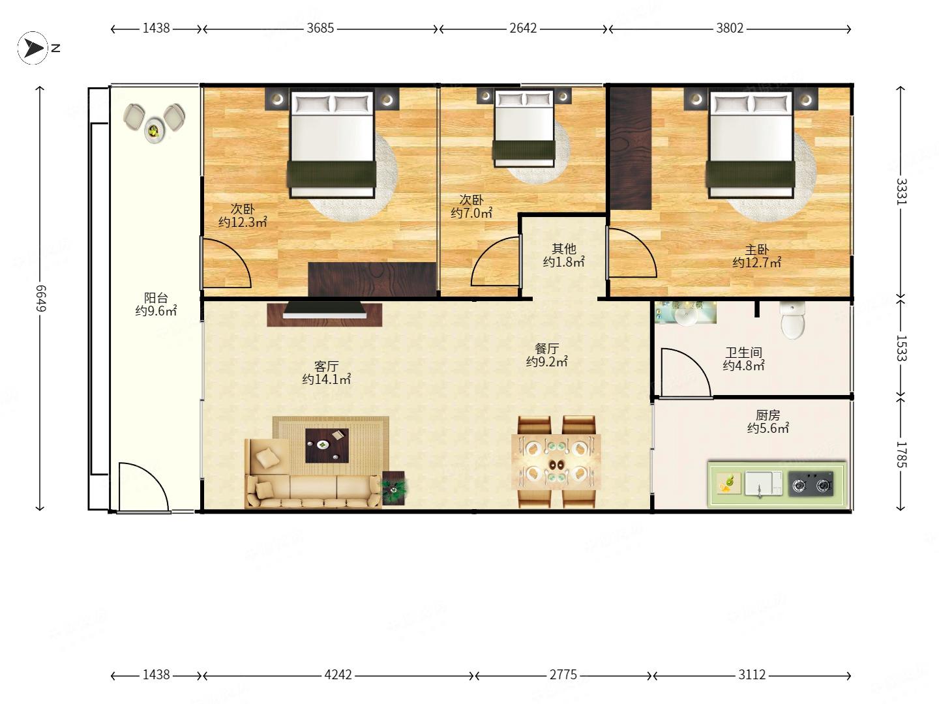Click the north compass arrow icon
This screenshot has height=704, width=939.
pyautogui.click(x=33, y=48)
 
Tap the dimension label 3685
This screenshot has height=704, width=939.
pyautogui.click(x=320, y=28)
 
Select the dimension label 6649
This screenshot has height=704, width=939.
pyautogui.click(x=40, y=299)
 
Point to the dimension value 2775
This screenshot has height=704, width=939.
pyautogui.click(x=563, y=675)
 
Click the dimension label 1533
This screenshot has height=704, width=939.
pyautogui.click(x=901, y=348)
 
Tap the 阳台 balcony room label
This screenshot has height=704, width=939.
pyautogui.click(x=156, y=297)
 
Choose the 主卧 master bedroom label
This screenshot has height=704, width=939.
pyautogui.click(x=757, y=249)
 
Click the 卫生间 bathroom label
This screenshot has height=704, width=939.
pyautogui.click(x=743, y=352)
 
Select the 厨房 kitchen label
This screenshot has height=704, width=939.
pyautogui.click(x=768, y=415)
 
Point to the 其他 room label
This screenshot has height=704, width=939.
pyautogui.click(x=564, y=248)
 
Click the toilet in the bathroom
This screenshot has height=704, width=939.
pyautogui.click(x=792, y=319)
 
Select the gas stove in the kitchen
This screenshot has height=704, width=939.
pyautogui.click(x=811, y=484)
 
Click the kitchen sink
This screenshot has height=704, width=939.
pyautogui.click(x=763, y=484)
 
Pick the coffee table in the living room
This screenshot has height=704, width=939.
pyautogui.click(x=327, y=445)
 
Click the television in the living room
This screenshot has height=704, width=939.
pyautogui.click(x=325, y=310)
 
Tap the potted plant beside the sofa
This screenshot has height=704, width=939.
pyautogui.click(x=394, y=488)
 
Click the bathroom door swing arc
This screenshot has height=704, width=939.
pyautogui.click(x=694, y=362)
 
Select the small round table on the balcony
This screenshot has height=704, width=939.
pyautogui.click(x=154, y=130)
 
